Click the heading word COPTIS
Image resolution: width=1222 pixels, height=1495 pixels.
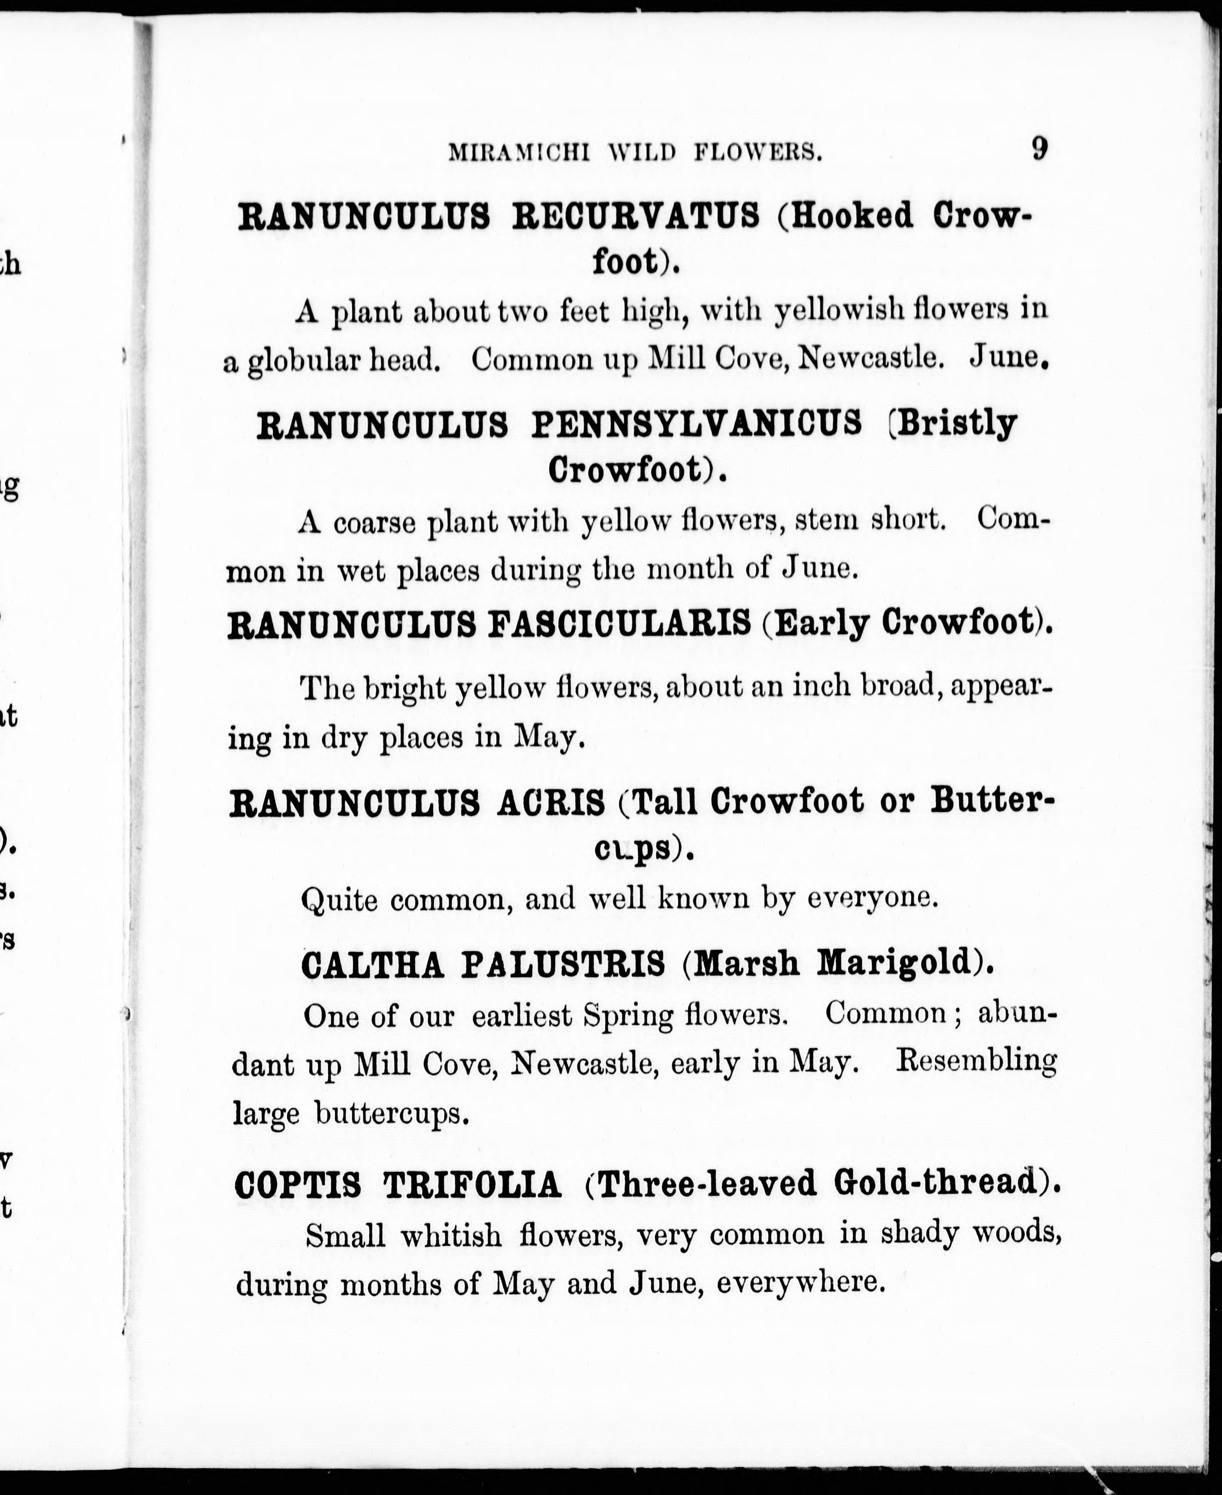[297, 1185]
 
